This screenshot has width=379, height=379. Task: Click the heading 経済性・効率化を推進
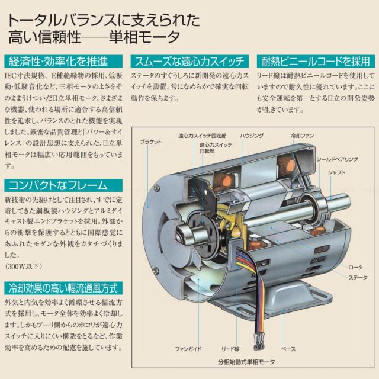(57, 61)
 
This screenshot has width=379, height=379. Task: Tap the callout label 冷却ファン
(303, 136)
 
